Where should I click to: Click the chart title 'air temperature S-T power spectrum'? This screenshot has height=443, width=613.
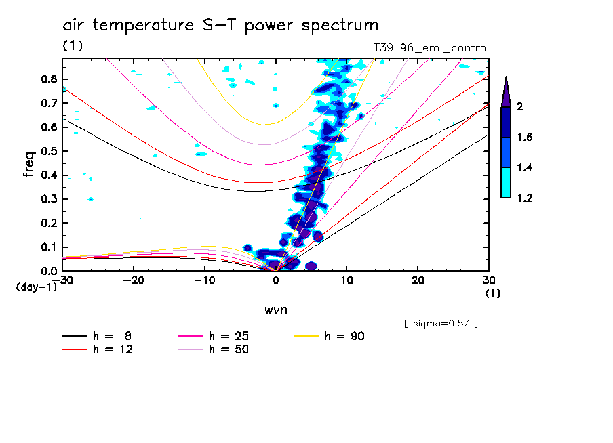pyautogui.click(x=220, y=26)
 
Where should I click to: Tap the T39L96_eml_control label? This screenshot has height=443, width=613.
pyautogui.click(x=431, y=48)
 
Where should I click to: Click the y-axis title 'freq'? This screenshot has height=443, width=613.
pyautogui.click(x=29, y=164)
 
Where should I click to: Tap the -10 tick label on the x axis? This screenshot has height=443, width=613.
pyautogui.click(x=205, y=280)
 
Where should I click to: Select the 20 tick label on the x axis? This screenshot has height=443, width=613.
pyautogui.click(x=418, y=280)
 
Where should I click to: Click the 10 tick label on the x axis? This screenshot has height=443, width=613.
pyautogui.click(x=347, y=280)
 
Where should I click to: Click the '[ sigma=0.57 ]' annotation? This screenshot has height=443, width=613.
pyautogui.click(x=441, y=323)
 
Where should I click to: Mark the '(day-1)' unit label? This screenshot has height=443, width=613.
pyautogui.click(x=36, y=287)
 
